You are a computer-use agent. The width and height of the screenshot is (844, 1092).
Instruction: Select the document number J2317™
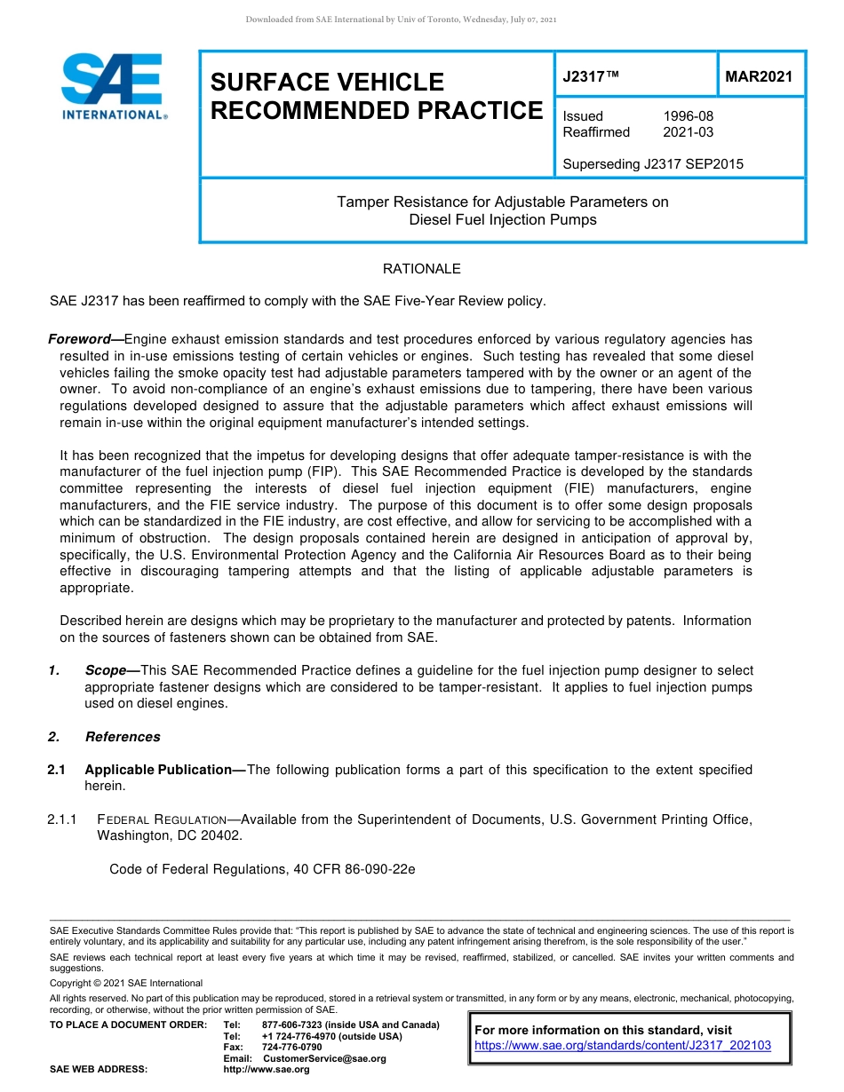590,77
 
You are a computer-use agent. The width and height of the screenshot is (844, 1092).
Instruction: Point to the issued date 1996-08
688,116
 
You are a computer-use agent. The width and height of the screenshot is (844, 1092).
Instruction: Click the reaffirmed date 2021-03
688,132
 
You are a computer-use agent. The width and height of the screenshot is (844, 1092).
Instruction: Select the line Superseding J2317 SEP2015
653,164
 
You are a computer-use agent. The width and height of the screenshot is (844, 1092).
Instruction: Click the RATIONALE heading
421,269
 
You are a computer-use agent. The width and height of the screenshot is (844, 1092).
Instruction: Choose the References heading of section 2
123,737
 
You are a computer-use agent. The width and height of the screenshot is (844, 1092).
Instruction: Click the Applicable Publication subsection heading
157,770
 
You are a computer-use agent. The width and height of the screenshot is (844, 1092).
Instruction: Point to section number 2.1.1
64,819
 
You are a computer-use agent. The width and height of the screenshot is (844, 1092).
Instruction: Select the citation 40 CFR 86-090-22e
354,869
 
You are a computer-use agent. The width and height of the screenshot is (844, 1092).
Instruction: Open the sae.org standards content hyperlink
623,1046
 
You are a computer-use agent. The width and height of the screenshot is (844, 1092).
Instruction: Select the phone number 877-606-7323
292,1025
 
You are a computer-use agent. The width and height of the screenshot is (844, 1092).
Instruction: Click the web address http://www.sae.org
267,1069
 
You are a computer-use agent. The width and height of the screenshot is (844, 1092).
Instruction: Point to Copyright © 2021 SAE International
126,984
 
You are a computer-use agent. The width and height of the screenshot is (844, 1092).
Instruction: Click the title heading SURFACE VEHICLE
327,83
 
